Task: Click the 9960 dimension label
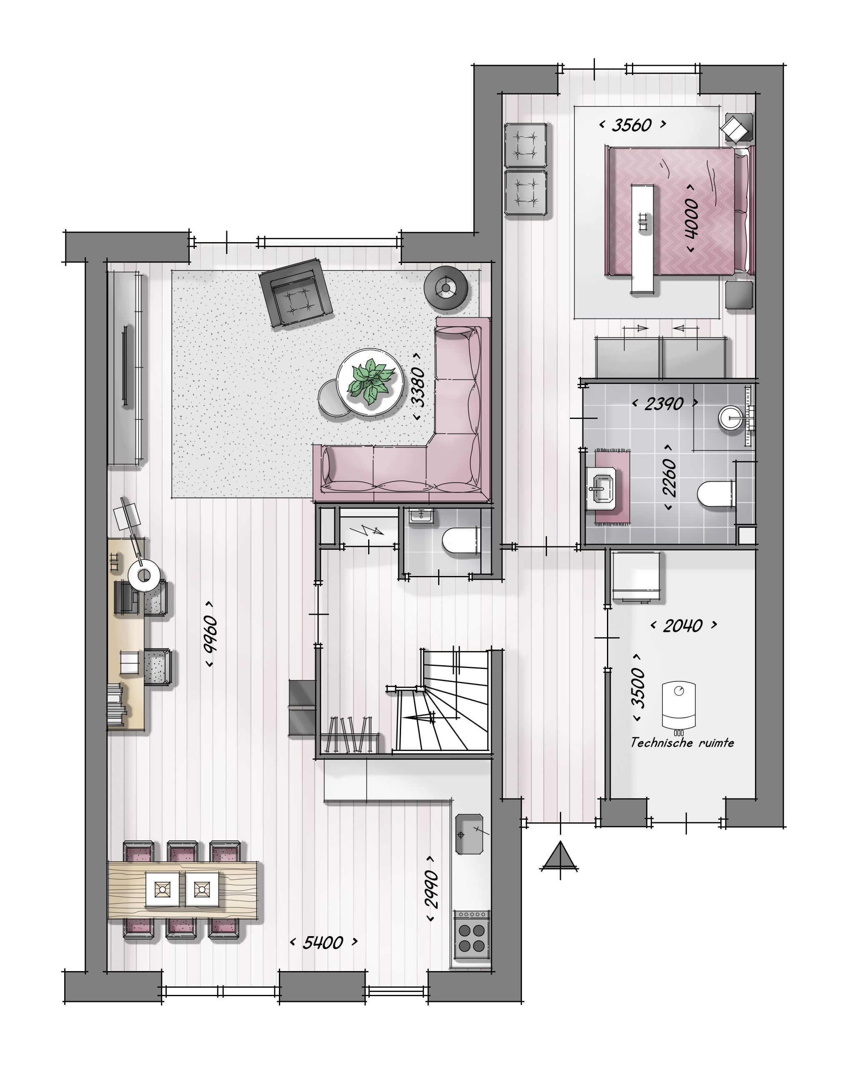[x=211, y=634]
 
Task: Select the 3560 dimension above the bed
[x=632, y=125]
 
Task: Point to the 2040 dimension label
[x=683, y=626]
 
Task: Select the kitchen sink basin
[x=468, y=834]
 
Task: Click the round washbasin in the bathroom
[x=731, y=417]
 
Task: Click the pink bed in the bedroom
[x=678, y=210]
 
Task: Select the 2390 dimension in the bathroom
[x=664, y=404]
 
